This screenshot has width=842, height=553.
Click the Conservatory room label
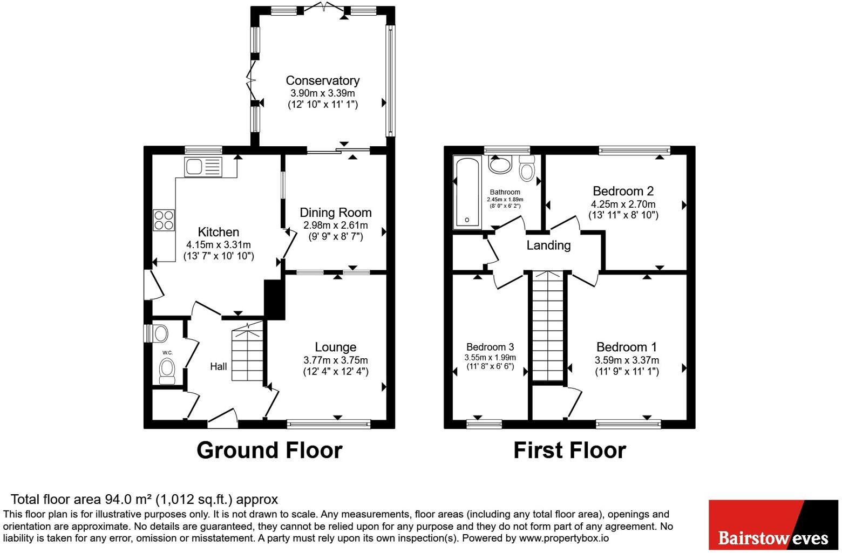tap(323, 80)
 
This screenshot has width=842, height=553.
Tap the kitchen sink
tap(203, 167)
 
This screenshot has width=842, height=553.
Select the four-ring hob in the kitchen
tap(164, 220)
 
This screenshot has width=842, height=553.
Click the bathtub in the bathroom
tap(467, 193)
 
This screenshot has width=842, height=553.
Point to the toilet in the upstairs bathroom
tap(527, 168)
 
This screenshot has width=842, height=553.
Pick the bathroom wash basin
tap(500, 164)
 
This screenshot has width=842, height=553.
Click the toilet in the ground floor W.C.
tap(167, 371)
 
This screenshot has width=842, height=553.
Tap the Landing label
tap(548, 245)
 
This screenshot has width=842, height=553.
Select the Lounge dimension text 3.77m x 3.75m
tap(336, 360)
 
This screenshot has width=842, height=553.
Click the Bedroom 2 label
tap(623, 191)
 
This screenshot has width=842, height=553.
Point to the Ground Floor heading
tap(269, 450)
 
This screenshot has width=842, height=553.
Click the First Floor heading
tap(570, 450)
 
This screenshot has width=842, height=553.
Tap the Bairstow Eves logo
tap(773, 525)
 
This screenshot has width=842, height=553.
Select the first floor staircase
tap(548, 326)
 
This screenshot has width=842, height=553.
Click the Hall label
tap(219, 366)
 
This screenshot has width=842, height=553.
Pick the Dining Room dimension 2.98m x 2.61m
tap(336, 226)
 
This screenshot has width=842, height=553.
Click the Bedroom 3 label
tap(490, 347)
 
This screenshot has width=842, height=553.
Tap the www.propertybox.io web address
tap(564, 538)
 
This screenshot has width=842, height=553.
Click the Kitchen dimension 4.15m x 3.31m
tap(219, 245)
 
